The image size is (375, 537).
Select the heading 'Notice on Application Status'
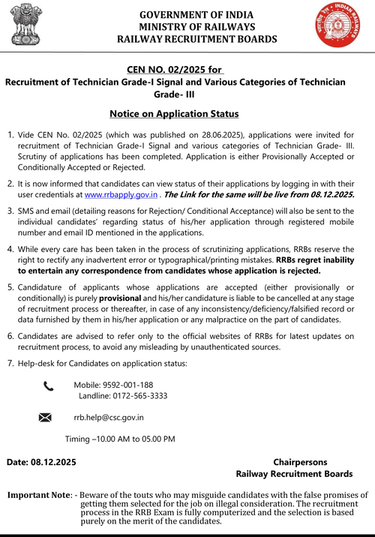tap(174, 114)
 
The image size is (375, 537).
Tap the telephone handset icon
tap(49, 386)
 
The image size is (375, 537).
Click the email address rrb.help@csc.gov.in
tap(109, 417)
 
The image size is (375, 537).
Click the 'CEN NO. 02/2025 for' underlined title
tap(169, 69)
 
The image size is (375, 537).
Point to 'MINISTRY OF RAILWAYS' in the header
tap(197, 26)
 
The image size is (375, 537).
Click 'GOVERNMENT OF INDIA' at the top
tap(197, 14)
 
